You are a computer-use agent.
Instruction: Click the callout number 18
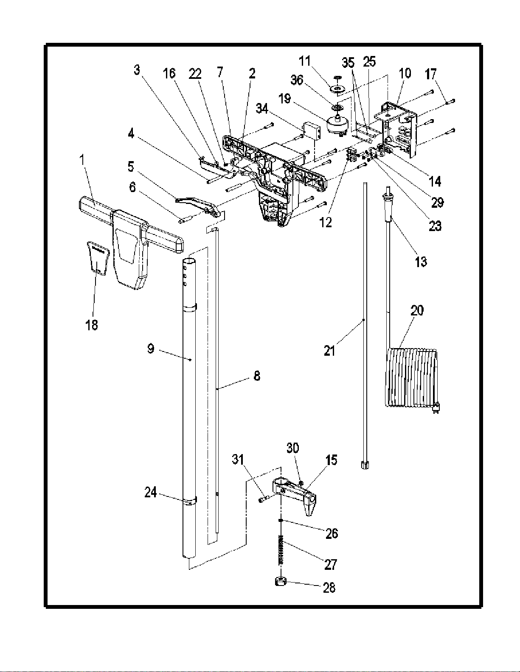click(92, 325)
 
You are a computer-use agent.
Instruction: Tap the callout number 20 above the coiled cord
click(417, 310)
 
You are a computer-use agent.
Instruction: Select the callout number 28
click(329, 587)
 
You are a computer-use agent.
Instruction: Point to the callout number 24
click(151, 492)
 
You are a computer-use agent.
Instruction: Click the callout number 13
click(421, 262)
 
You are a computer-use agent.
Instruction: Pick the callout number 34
click(262, 109)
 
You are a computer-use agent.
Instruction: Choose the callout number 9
click(151, 349)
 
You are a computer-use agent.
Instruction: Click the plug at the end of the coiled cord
click(436, 409)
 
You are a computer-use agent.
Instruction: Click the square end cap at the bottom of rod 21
click(365, 465)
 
